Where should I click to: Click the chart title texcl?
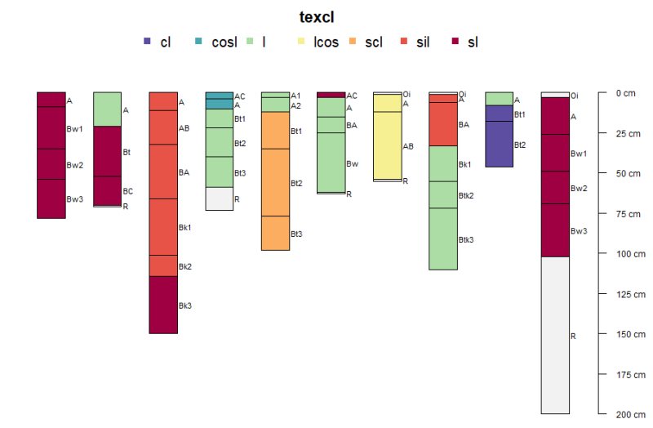click(x=317, y=17)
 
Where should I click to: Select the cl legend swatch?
click(x=147, y=42)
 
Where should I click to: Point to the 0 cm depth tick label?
click(x=625, y=93)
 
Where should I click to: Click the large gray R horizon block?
click(x=555, y=335)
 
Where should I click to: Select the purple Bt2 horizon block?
click(x=499, y=144)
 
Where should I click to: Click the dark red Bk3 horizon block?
click(x=163, y=305)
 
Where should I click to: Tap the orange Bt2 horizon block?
click(x=275, y=182)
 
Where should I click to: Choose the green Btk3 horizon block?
click(x=443, y=239)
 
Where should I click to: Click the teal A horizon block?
click(x=219, y=104)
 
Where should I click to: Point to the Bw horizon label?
click(x=352, y=163)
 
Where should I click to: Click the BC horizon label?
click(x=127, y=191)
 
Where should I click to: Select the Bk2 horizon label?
click(x=185, y=266)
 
